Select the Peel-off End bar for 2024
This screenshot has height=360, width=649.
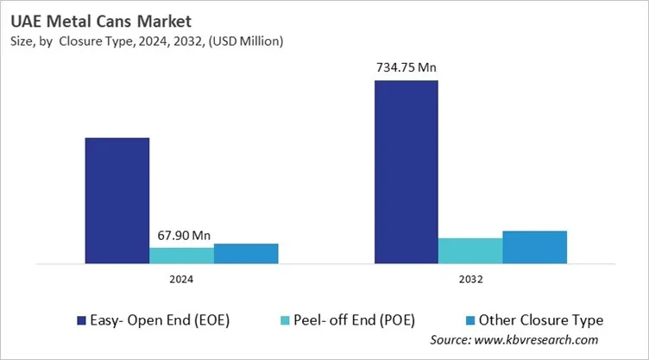pos(181,255)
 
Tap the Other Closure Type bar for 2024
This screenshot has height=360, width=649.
pos(246,253)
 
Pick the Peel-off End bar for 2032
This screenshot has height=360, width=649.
pos(470,250)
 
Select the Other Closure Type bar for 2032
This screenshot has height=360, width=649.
pos(534,247)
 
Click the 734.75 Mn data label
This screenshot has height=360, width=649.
pos(406,66)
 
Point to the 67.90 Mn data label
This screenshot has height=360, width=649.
pos(181,235)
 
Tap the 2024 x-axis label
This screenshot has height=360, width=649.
pos(181,280)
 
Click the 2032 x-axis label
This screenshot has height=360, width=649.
pos(470,280)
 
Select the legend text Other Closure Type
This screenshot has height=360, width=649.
pos(541,319)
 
